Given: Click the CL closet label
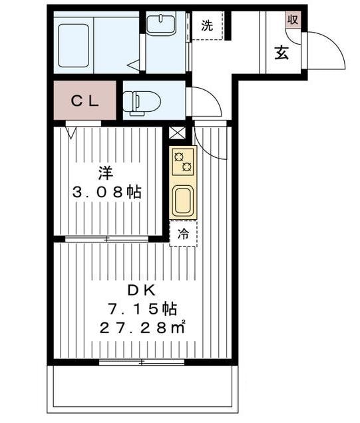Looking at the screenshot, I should [x=85, y=101].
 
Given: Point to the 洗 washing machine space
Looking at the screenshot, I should [x=208, y=27].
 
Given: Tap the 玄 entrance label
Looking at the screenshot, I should [x=282, y=53].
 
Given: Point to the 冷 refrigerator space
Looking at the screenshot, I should [x=183, y=234].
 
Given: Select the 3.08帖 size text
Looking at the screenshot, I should [x=106, y=193].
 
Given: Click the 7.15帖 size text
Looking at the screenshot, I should [x=142, y=309].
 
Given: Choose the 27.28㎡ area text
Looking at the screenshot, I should [x=142, y=328].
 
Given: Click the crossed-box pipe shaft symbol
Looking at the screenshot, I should [x=177, y=133].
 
